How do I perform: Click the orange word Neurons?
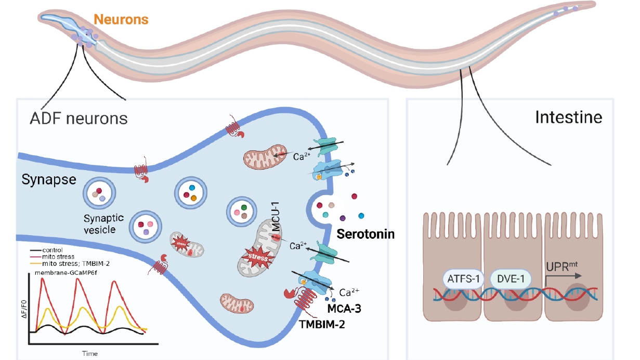click(121, 20)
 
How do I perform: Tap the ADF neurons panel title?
click(79, 118)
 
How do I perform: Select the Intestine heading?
click(568, 118)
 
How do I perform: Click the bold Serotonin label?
click(365, 234)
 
